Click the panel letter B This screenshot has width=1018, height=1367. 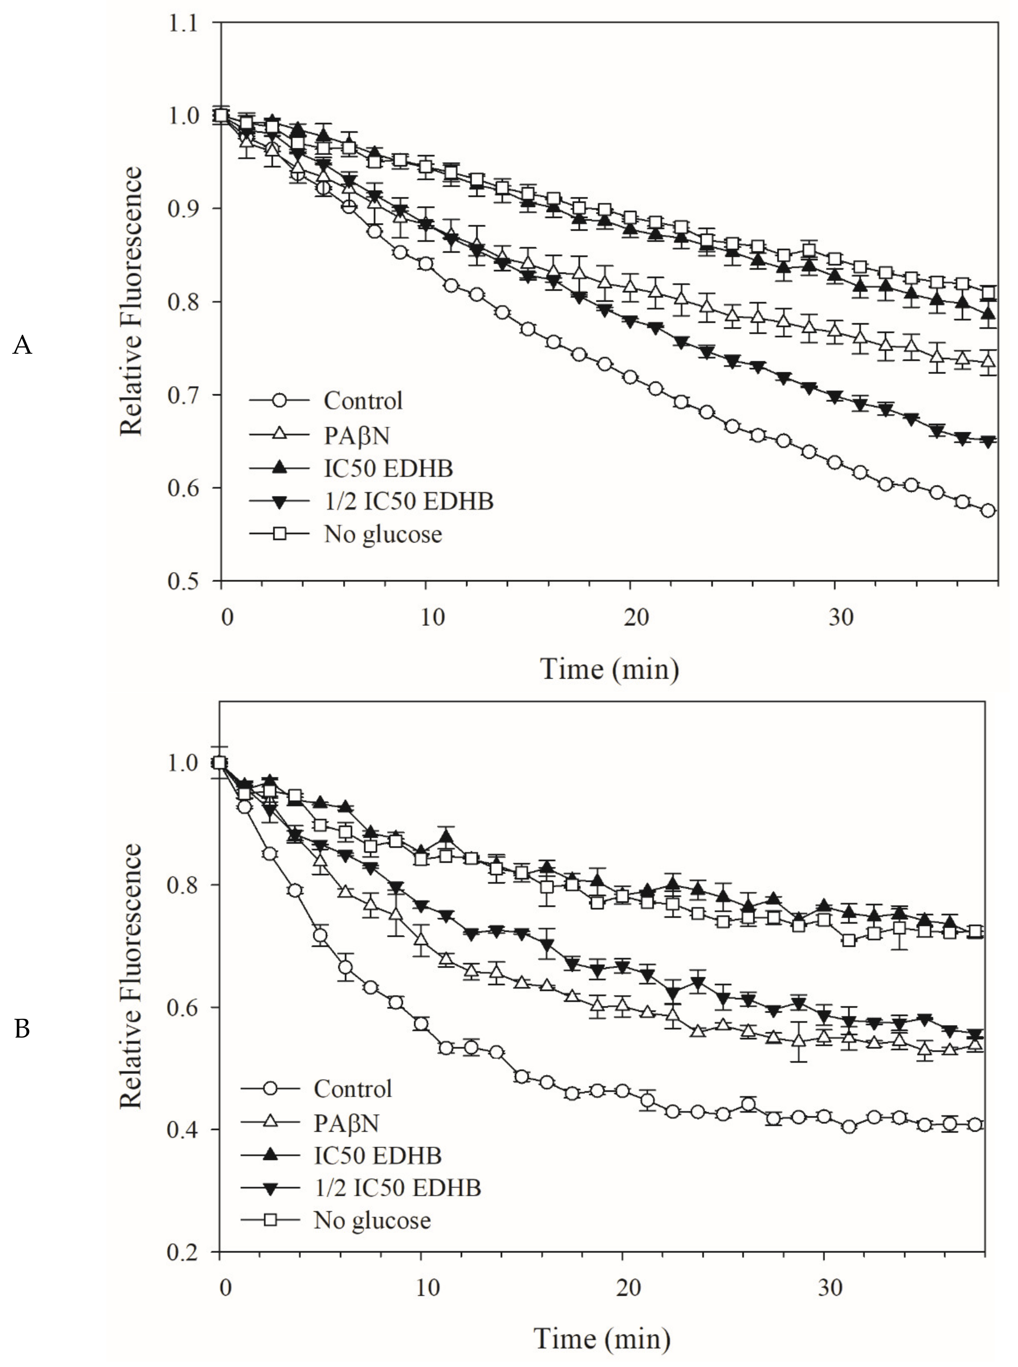tap(22, 1028)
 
